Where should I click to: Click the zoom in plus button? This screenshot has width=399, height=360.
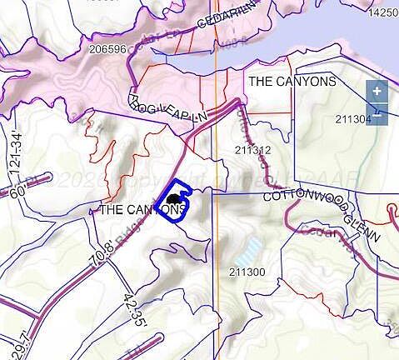click(377, 90)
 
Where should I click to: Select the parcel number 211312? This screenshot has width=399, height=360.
click(252, 151)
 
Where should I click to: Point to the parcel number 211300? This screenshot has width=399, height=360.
click(247, 272)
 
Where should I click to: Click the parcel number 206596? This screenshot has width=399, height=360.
click(107, 49)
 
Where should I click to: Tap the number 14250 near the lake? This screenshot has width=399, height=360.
click(383, 12)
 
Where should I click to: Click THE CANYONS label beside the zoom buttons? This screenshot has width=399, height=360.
click(292, 81)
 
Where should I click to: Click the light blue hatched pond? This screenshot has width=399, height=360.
click(247, 247)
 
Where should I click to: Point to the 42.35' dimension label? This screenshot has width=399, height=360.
click(133, 307)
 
